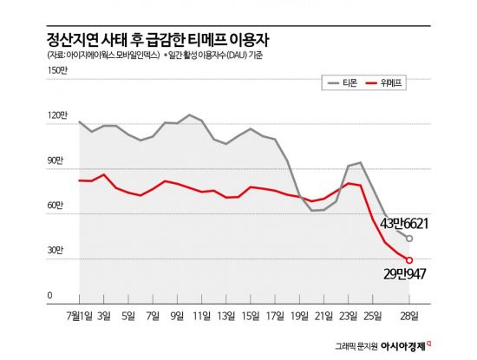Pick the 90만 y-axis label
[x=56, y=160]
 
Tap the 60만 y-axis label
[x=56, y=206]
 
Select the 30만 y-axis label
[x=56, y=251]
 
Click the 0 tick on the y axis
[x=50, y=296]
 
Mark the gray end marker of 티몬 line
[x=409, y=239]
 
